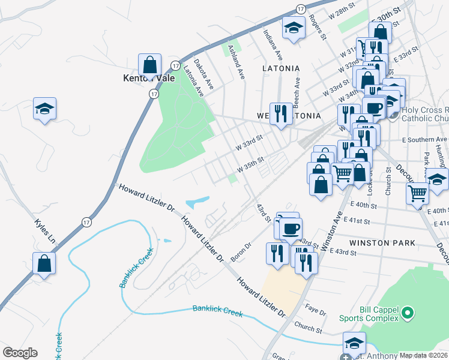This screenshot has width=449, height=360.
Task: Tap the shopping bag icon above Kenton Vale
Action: point(149,64)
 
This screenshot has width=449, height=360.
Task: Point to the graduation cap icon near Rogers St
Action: point(293,28)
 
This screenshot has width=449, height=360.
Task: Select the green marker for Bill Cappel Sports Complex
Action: point(408,313)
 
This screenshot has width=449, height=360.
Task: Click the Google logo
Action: point(20,352)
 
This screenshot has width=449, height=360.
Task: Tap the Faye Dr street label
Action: point(315,312)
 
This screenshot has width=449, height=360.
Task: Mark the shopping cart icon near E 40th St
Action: point(418,193)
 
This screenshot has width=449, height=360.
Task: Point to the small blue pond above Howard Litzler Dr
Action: point(198,202)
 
